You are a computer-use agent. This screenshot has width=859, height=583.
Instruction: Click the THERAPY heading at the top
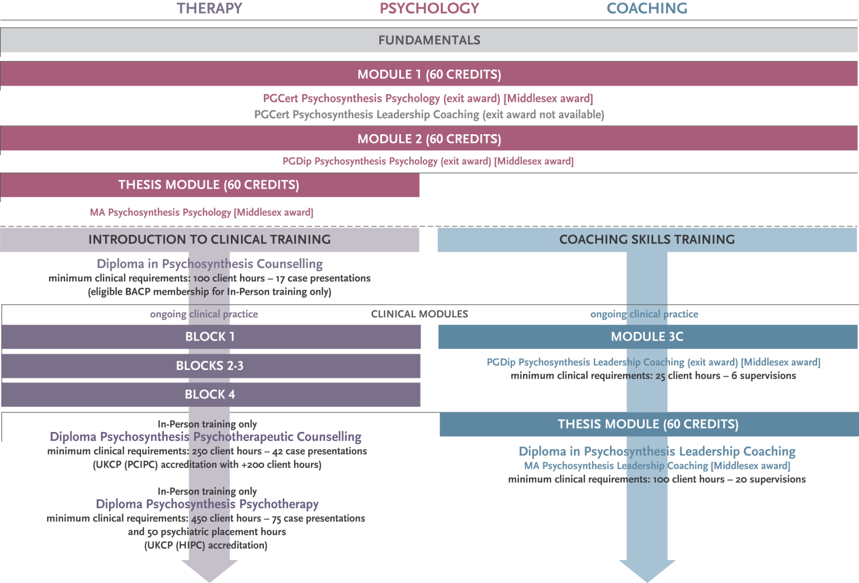click(210, 8)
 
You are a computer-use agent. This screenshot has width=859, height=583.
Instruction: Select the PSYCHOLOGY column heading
click(429, 8)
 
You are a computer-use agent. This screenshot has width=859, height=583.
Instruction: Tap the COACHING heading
click(647, 8)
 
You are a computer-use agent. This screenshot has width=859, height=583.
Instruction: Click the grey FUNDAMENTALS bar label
click(429, 40)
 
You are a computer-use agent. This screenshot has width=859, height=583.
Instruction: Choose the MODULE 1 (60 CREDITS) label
click(429, 74)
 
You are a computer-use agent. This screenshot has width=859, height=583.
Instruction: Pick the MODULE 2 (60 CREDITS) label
click(429, 139)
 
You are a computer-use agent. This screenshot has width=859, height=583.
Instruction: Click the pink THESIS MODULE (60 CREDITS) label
click(209, 185)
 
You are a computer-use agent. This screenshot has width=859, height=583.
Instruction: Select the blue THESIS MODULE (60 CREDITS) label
click(648, 424)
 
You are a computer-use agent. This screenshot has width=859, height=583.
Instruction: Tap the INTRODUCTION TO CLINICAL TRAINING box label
click(210, 239)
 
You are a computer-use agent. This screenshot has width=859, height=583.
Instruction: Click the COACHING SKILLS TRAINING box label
click(647, 239)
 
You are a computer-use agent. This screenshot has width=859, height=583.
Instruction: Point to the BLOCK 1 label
click(210, 337)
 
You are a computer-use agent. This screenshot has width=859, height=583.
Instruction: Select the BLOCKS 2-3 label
click(210, 366)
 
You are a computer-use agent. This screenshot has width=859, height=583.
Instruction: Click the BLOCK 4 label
click(210, 394)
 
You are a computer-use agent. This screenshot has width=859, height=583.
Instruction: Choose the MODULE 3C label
click(647, 337)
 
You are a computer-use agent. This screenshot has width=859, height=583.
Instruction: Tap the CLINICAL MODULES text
click(419, 314)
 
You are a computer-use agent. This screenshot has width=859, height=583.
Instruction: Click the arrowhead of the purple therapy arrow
click(210, 571)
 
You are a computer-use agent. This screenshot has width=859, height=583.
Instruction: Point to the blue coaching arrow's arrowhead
click(647, 571)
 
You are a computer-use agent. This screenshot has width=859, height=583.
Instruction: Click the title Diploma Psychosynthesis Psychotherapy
click(207, 504)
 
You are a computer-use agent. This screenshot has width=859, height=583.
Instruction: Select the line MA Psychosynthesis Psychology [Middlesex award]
click(201, 213)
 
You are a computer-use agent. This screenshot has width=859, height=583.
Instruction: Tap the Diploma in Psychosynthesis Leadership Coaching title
click(657, 452)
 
